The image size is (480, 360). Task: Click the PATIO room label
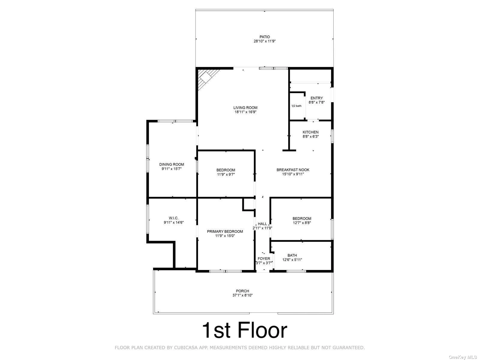point(265,37)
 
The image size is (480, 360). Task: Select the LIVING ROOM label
point(245,107)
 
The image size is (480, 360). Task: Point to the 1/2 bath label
point(296,106)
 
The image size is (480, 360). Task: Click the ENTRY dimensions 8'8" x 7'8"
point(316,102)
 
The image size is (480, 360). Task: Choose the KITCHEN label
point(310,132)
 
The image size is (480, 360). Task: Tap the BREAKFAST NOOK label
point(293,170)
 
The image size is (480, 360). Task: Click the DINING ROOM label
point(172,165)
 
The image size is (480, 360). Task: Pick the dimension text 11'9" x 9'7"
point(226,174)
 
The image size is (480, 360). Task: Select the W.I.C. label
point(174,218)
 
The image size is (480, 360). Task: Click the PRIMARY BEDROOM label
point(225,232)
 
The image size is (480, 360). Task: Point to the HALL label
point(262,224)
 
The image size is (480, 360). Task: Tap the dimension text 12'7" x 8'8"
point(302,223)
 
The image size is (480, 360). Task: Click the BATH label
point(292,255)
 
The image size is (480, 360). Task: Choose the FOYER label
point(264,259)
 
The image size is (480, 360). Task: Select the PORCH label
point(242,291)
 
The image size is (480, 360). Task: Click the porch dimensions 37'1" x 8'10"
point(242,295)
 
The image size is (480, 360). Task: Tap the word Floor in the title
point(262,330)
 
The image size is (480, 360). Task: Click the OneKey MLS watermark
point(463,357)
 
